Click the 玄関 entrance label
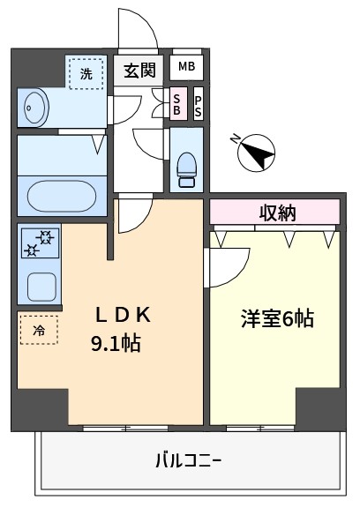click(x=139, y=70)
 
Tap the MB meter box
click(x=186, y=67)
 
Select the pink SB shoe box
click(x=177, y=103)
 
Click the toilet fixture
click(x=186, y=170)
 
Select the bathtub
click(x=62, y=197)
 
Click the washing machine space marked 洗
click(x=86, y=73)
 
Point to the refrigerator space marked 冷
click(x=39, y=330)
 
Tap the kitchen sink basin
click(x=41, y=287)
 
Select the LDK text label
click(x=123, y=315)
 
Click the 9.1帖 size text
click(x=116, y=343)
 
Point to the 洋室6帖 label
click(x=277, y=318)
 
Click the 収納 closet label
click(x=277, y=213)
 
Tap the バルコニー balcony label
click(x=188, y=460)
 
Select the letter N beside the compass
click(x=236, y=140)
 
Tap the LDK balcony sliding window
click(x=125, y=428)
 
